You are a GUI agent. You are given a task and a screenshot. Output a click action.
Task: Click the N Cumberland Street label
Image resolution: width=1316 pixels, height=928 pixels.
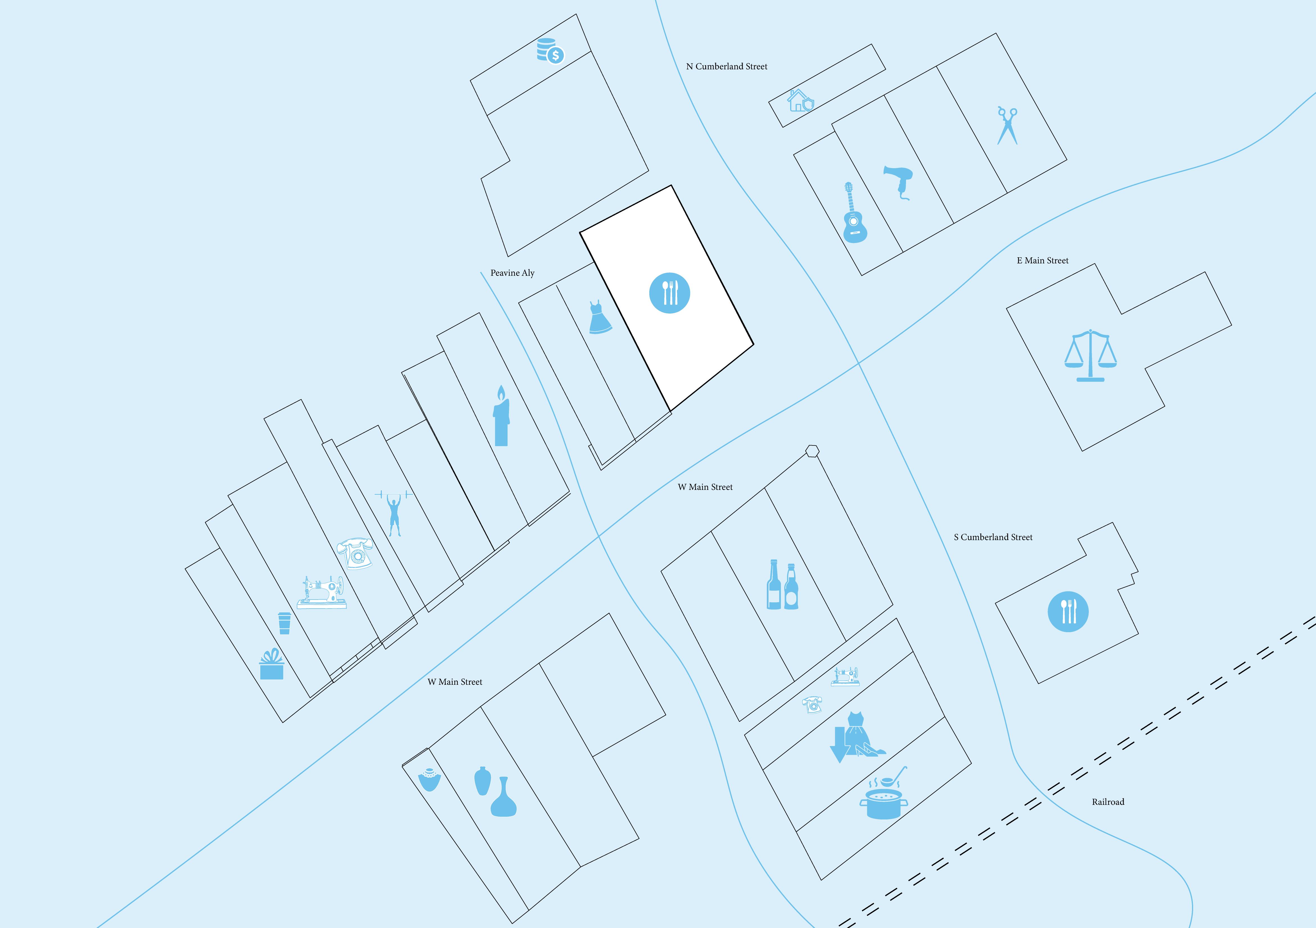[726, 66]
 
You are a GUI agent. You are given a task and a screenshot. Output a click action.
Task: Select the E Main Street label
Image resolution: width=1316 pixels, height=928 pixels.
[1043, 261]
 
